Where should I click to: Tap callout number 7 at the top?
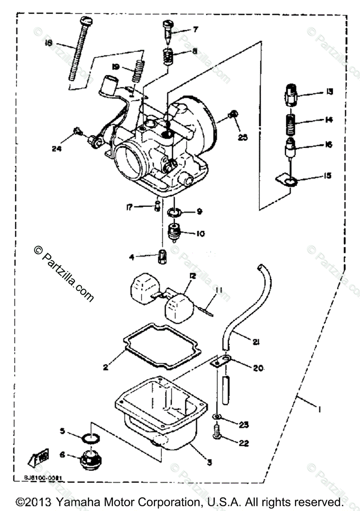tap(196, 30)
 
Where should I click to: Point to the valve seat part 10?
tap(175, 232)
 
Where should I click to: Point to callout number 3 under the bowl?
tap(209, 462)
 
